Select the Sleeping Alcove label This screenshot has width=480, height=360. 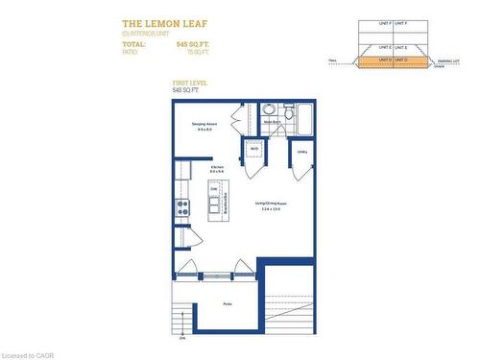[204, 125]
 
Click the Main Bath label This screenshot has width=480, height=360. [272, 123]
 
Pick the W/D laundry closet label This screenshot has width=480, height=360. [254, 149]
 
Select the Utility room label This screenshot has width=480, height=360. [301, 152]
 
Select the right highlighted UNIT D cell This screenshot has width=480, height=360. [399, 60]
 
